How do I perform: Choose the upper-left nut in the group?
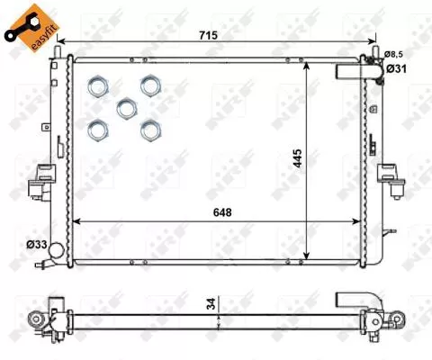(97, 86)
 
